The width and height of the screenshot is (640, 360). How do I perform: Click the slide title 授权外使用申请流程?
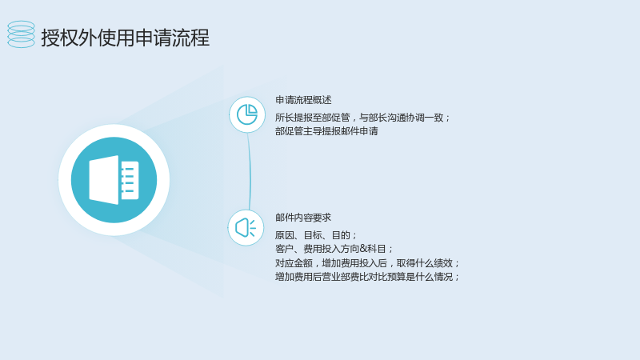coord(126,38)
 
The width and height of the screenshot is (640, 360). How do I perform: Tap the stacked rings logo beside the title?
coord(21,34)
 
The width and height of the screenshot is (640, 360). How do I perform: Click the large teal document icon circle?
coord(114,180)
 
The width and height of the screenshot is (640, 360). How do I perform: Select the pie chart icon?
coord(247,114)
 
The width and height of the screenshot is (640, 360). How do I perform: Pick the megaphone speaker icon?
coord(246,227)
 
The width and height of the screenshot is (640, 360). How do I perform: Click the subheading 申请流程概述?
coord(303,100)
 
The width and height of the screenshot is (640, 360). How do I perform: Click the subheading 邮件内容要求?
coord(303,218)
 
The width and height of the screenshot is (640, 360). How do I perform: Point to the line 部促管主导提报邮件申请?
coord(326,131)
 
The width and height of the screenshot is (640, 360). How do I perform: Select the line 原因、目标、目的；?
coord(316,235)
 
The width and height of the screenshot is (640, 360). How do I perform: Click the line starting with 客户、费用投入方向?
coord(334,249)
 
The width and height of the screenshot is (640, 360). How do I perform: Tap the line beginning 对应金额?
coord(367,263)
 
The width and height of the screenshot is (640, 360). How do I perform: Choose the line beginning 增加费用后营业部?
coord(367,277)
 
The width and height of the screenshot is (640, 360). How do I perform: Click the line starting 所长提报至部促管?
coord(362,118)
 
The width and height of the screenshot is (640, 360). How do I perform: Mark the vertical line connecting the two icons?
coord(250,171)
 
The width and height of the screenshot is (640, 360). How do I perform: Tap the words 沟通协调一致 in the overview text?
coord(415,118)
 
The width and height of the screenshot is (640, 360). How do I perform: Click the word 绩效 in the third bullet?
coord(444,263)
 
